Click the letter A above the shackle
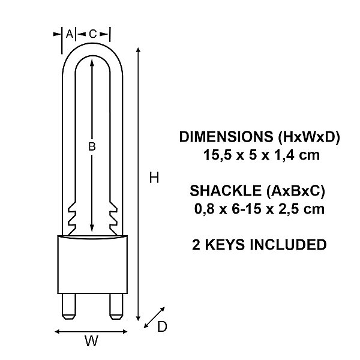click(x=69, y=34)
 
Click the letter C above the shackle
click(x=92, y=34)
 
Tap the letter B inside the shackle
click(x=92, y=146)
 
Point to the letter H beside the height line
click(x=154, y=178)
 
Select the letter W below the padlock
click(x=91, y=341)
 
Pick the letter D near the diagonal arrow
click(x=162, y=326)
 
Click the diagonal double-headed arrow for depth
click(x=154, y=317)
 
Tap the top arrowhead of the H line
click(x=138, y=50)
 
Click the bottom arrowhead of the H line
click(x=138, y=318)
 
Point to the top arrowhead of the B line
click(x=92, y=62)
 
